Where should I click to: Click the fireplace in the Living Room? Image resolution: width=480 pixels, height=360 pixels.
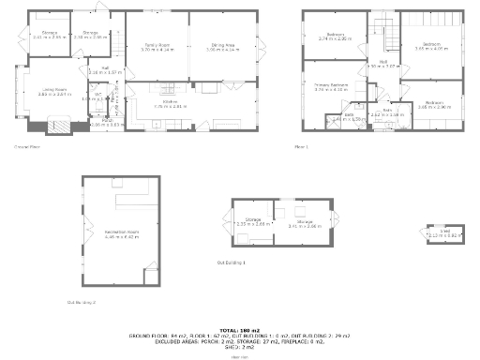coord(57,125)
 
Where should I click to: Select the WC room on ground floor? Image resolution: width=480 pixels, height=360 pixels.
coord(92,97)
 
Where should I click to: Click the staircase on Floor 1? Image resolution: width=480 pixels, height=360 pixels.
coord(385,29)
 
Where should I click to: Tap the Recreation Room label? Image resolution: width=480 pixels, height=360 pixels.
coord(120,234)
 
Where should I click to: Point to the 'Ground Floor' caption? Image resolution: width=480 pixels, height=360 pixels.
coord(26,147)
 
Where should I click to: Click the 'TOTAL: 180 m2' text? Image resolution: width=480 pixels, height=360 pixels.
coord(240,329)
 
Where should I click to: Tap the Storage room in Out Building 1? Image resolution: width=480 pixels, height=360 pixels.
coord(252,224)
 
